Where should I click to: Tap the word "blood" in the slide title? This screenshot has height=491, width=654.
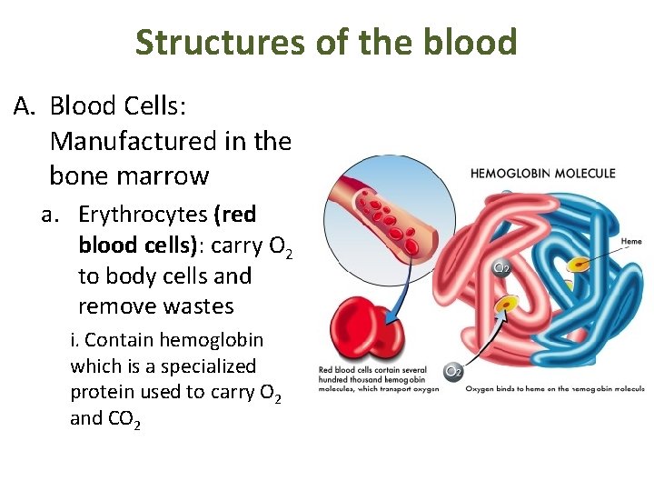point(471,42)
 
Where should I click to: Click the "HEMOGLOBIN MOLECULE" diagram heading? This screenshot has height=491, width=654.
point(542,173)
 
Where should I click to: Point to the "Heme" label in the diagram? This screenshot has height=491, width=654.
point(631,242)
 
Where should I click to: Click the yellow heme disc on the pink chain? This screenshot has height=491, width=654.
point(505,305)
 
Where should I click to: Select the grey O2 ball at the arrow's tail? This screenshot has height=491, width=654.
point(452,371)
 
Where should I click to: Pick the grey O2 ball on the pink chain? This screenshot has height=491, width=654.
point(500,267)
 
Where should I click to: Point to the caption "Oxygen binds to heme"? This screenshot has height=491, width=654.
point(554,388)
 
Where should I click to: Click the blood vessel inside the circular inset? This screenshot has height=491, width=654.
point(382,214)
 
